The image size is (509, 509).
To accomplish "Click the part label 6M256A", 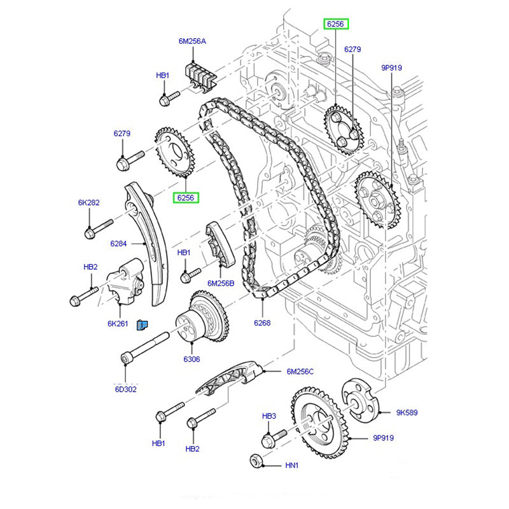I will pos(192,41).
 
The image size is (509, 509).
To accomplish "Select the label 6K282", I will pos(89,202).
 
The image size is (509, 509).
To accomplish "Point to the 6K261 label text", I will pos(118,323).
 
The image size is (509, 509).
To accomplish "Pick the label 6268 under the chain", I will pos(261,323).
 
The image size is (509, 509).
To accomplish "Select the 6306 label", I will pos(192,359).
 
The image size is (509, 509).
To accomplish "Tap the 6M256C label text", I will pos(300,372).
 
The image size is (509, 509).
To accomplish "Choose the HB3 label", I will pos(269,415).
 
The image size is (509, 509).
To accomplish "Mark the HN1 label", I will pos(291,466).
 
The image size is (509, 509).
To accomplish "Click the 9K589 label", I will pos(407,412).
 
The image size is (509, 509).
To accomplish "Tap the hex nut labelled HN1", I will pos(256,460).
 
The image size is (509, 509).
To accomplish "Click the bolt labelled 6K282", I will pos(99,228).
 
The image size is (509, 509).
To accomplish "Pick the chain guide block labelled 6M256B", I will pos(219,245).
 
